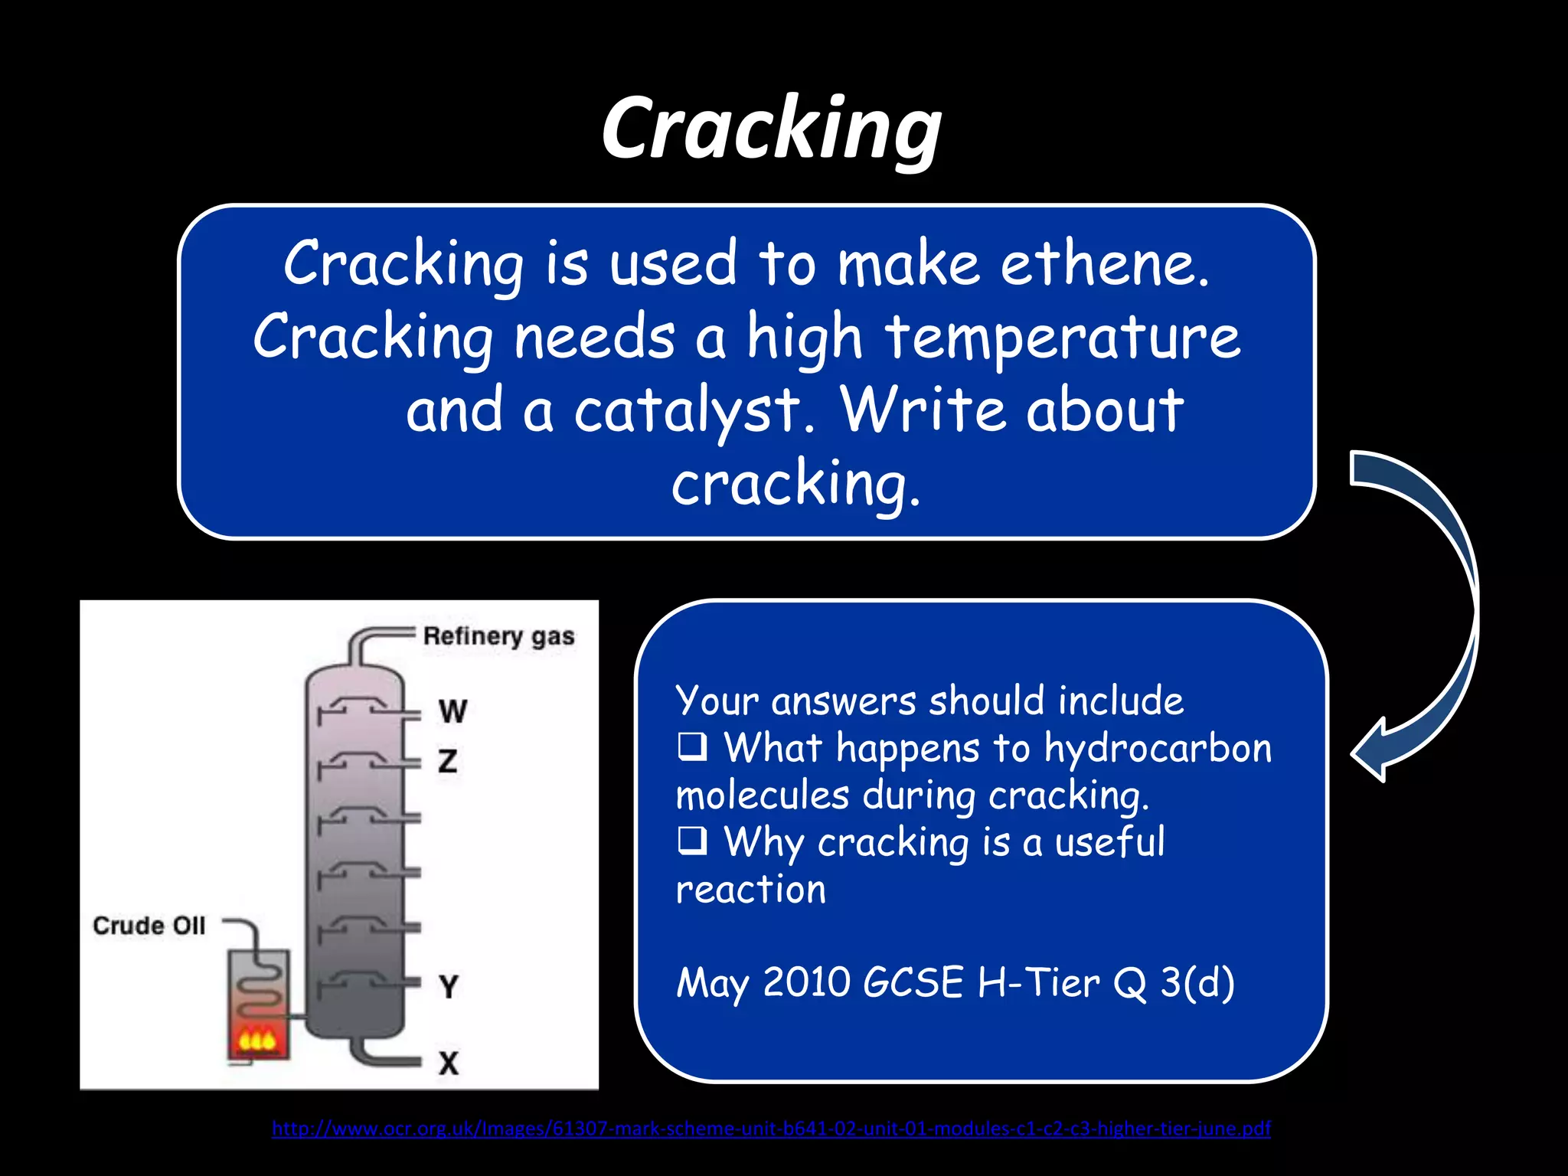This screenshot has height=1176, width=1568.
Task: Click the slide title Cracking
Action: [771, 128]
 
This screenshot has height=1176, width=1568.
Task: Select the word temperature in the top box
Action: [1063, 338]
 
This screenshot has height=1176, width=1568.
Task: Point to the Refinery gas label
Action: [498, 636]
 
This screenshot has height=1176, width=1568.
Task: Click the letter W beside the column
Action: [452, 711]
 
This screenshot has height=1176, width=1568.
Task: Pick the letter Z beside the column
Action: [448, 761]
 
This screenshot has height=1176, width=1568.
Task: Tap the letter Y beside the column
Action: [449, 986]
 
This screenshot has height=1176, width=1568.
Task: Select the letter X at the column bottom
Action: [449, 1063]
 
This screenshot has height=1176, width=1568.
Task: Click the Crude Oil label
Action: [149, 926]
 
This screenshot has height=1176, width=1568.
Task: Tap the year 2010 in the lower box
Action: [806, 982]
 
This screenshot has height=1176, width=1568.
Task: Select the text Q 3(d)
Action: [1174, 982]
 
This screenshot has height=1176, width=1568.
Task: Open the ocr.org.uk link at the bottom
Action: [771, 1128]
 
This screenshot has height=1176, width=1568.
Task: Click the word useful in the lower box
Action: [1109, 842]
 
